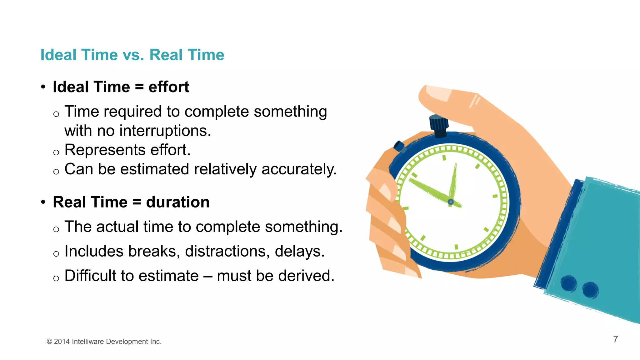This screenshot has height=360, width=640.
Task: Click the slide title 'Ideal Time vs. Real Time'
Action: [x=132, y=55]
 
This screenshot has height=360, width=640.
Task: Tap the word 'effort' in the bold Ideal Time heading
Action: [x=169, y=87]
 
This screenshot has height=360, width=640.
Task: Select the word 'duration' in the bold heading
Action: [x=177, y=202]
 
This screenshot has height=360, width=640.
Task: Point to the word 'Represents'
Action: [x=105, y=150]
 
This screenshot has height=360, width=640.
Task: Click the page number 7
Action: [x=615, y=339]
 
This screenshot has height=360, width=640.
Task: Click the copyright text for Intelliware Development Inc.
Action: [x=104, y=342]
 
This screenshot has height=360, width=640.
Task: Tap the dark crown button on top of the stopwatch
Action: [x=439, y=125]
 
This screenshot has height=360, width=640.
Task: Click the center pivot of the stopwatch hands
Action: [x=451, y=202]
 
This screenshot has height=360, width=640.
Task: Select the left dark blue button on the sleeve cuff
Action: [x=568, y=283]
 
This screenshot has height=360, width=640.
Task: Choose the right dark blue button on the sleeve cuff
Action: [x=590, y=289]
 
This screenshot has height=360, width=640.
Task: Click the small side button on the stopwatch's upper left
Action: [x=399, y=146]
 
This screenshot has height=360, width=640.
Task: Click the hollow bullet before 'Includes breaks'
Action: [x=56, y=253]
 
